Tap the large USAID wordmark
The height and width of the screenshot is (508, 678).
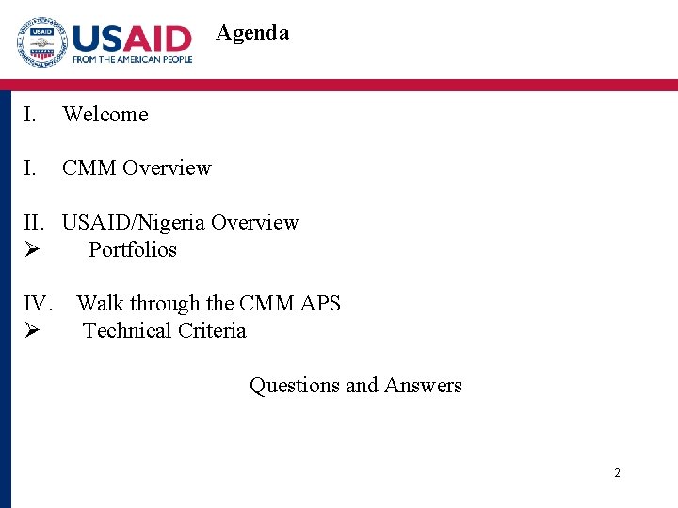point(132,38)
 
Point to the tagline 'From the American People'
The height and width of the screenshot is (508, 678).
point(132,59)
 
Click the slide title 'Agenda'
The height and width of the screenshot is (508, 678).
point(252,33)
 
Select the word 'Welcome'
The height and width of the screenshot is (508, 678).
point(105,115)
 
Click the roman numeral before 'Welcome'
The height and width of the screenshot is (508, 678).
point(30,115)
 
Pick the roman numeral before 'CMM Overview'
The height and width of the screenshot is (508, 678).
point(30,168)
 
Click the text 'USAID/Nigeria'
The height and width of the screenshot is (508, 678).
point(134,223)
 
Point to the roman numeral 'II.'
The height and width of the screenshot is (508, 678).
point(35,223)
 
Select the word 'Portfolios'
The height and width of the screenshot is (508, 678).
point(133,250)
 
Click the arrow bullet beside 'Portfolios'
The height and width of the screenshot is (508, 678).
point(31,250)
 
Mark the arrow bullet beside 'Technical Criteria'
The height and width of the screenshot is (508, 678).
point(31,331)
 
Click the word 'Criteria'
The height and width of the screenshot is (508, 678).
point(212,331)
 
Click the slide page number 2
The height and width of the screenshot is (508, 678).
point(617,473)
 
